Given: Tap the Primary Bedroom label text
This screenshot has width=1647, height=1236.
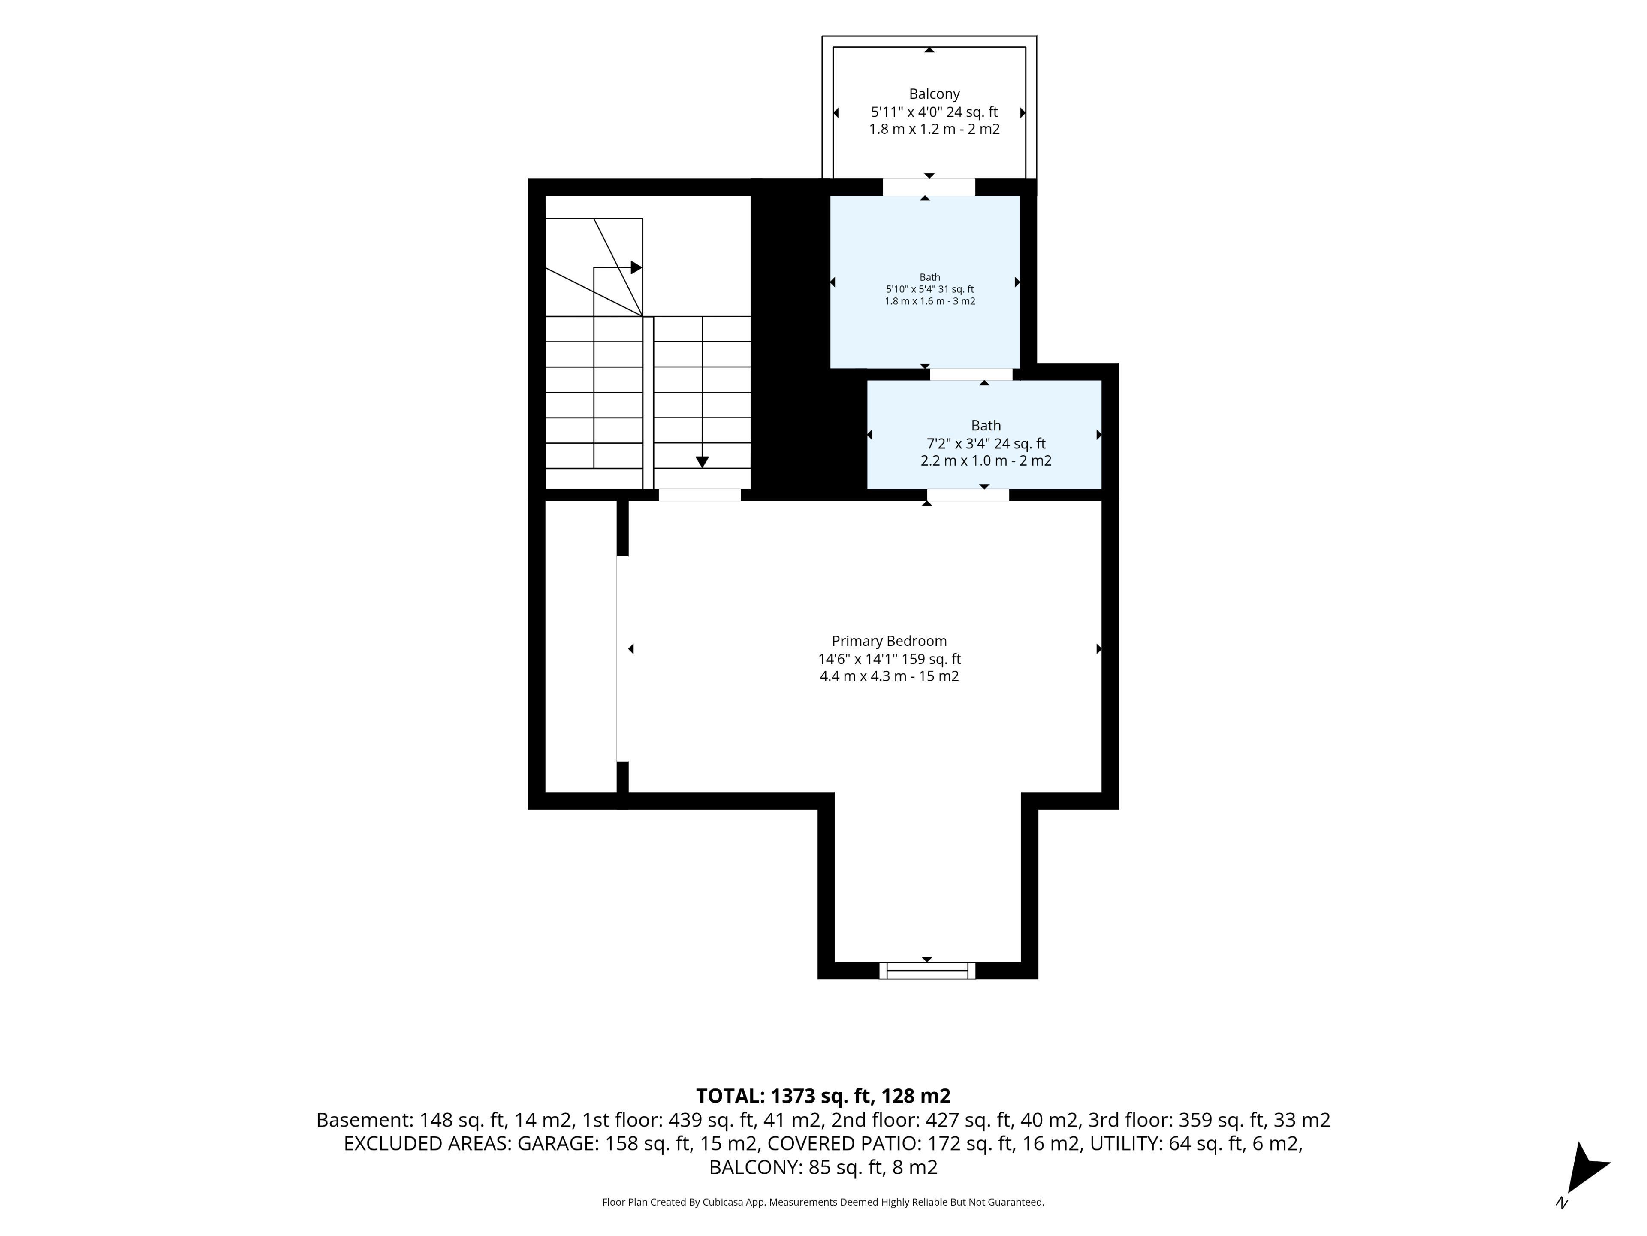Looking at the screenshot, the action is click(x=889, y=641).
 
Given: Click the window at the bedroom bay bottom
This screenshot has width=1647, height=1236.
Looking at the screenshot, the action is click(x=927, y=970).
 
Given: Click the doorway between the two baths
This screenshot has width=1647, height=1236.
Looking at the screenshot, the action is click(x=971, y=374).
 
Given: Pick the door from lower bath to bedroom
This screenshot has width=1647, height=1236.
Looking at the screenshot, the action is click(x=968, y=495).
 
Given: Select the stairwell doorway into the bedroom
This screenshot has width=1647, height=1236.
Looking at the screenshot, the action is click(x=700, y=495).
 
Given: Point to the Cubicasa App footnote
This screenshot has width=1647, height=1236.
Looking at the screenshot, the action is click(x=823, y=1202).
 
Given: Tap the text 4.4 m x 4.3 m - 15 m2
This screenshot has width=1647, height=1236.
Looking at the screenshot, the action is click(x=889, y=676).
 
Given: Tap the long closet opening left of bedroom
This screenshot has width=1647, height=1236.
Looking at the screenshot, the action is click(x=622, y=659).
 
